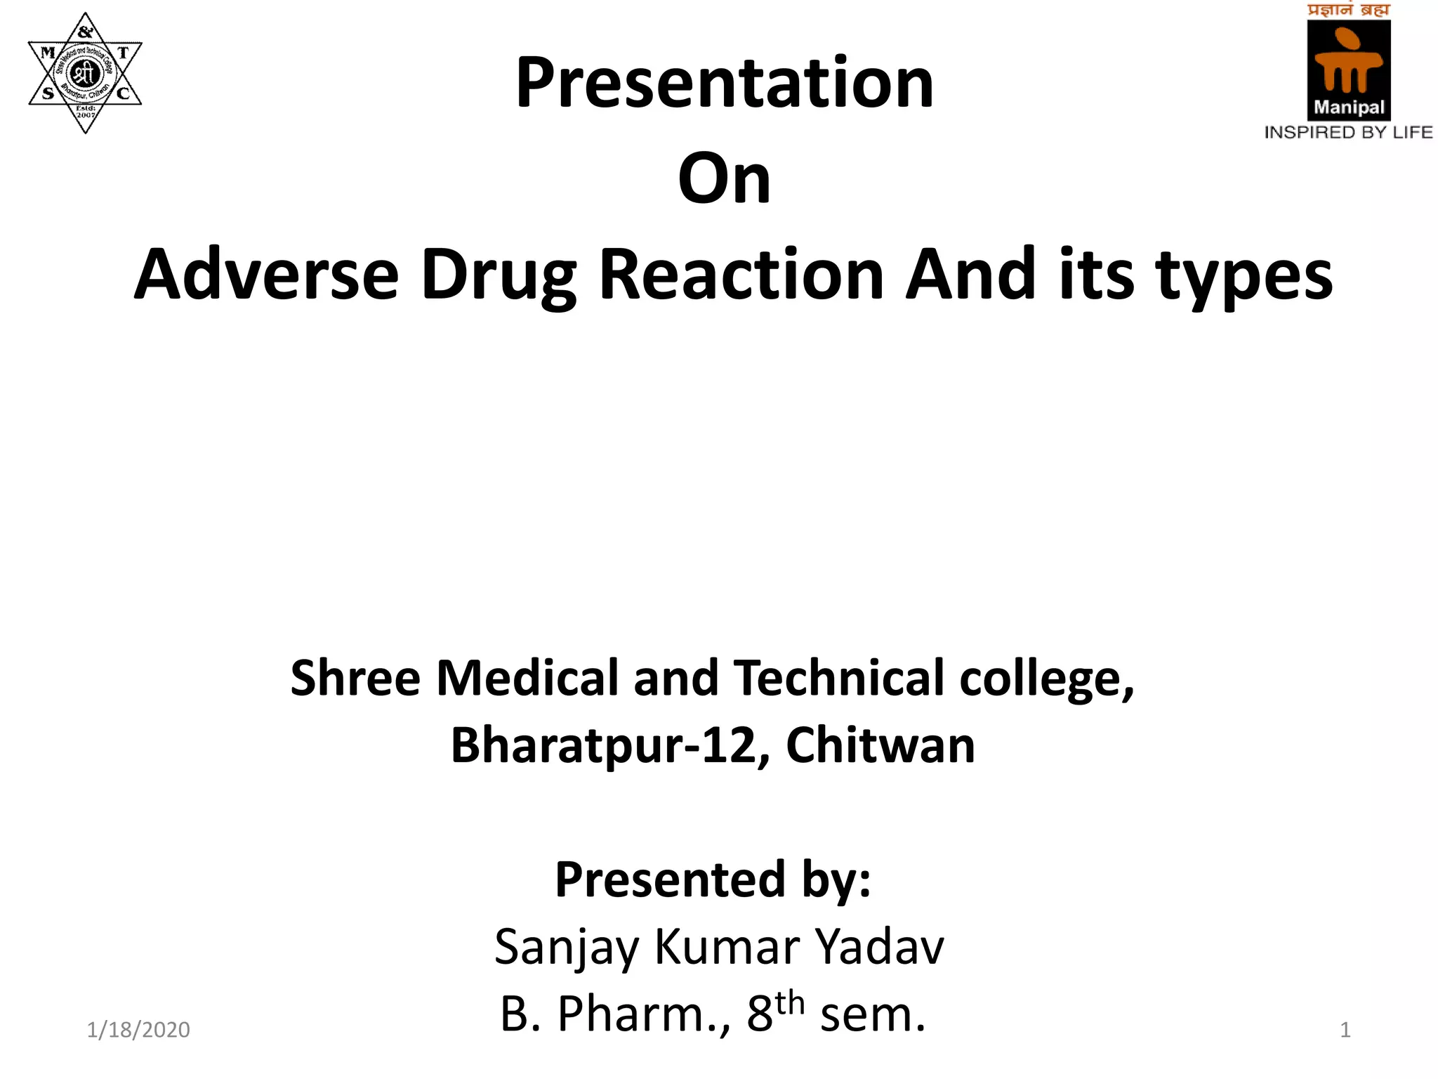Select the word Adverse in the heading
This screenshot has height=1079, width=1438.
coord(266,275)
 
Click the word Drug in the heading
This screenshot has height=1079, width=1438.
coord(498,276)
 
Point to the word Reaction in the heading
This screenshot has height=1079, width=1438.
coord(741,275)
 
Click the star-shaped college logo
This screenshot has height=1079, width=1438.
coord(85,72)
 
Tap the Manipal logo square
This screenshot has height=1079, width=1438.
coord(1348,70)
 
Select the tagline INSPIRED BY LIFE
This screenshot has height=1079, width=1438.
coord(1348,132)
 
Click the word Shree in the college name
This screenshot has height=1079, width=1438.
coord(355,678)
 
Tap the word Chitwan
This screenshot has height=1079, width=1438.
coord(880,745)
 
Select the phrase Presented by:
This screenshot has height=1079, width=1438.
coord(713,879)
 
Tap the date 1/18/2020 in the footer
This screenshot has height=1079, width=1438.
coord(138,1030)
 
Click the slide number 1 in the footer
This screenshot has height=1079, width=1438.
coord(1345,1030)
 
